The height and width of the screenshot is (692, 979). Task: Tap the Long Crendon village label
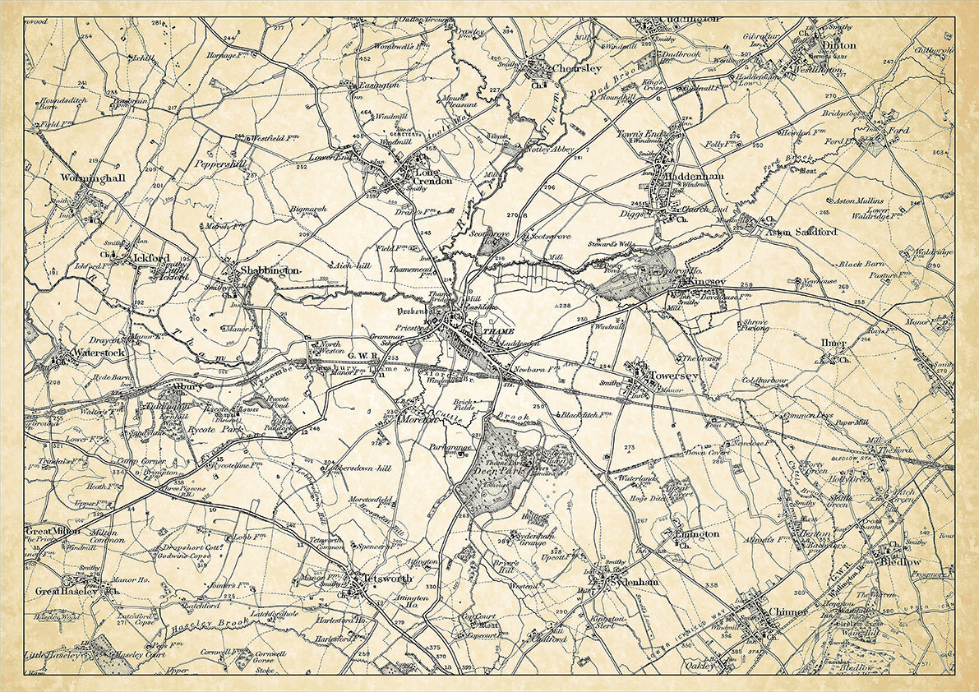(x=432, y=177)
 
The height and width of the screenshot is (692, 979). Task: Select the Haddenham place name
(x=682, y=177)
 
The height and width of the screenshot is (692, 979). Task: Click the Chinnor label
(x=790, y=611)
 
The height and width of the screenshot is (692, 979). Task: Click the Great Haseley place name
(x=67, y=591)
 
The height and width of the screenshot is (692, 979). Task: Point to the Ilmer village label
(x=833, y=342)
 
